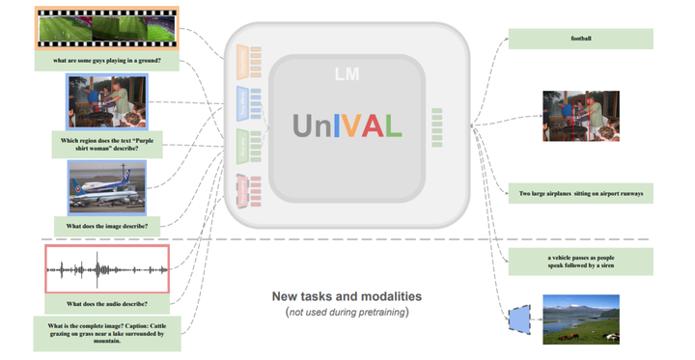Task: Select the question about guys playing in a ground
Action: pos(107,61)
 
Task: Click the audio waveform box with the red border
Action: pos(107,268)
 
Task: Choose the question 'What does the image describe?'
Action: pos(107,227)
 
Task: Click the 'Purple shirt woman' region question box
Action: pos(107,145)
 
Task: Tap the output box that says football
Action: pos(580,39)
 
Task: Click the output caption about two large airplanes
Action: pos(580,194)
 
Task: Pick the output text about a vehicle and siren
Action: pos(580,261)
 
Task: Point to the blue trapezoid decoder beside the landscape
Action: pos(518,318)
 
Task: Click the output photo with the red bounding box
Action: pos(580,117)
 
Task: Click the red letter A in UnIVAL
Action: pos(372,125)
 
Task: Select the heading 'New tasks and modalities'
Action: pos(347,296)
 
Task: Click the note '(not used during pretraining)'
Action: pos(347,313)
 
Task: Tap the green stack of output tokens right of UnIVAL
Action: pos(437,127)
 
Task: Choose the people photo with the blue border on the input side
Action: pos(107,101)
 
